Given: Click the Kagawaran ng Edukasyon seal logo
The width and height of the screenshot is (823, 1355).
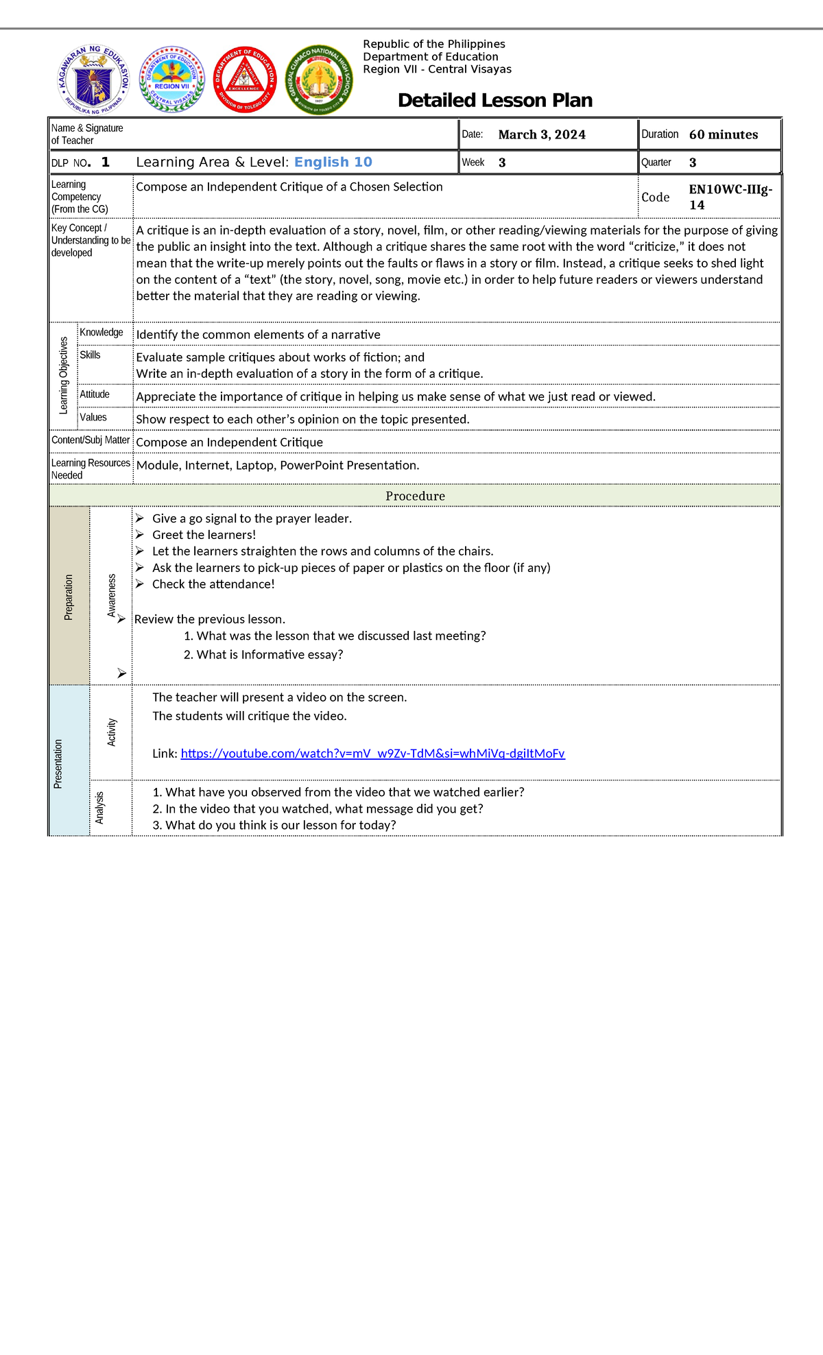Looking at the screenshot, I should (93, 80).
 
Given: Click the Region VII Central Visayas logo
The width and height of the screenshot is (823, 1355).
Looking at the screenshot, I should (172, 80).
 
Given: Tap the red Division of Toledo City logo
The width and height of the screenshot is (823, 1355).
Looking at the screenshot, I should (245, 80).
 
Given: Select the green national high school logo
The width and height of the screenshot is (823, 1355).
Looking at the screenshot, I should (318, 80).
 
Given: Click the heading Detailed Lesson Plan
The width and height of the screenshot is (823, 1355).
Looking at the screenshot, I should (494, 100).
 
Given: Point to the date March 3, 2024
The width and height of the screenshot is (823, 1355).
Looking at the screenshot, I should (542, 134).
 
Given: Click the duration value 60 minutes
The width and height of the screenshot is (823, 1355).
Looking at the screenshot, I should (723, 134).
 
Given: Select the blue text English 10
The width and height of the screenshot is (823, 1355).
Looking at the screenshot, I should (333, 162).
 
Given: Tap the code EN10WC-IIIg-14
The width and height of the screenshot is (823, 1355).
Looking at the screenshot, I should (730, 197).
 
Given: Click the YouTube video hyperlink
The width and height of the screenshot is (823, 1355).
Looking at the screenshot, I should (372, 754).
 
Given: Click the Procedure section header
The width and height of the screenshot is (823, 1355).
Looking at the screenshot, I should (415, 496).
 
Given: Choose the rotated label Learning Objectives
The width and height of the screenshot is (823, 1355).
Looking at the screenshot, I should (64, 375).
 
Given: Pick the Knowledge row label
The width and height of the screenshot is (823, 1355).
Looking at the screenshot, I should (102, 333).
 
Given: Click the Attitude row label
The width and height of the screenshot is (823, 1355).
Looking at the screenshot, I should (95, 394).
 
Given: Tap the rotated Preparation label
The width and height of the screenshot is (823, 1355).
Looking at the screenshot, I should (69, 597).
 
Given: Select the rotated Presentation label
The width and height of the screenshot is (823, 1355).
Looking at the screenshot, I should (58, 763).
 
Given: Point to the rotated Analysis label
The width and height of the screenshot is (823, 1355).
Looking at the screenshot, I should (100, 808).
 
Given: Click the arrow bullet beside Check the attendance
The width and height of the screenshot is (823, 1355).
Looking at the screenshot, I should (140, 584).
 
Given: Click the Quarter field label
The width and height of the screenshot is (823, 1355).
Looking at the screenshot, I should (656, 163).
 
